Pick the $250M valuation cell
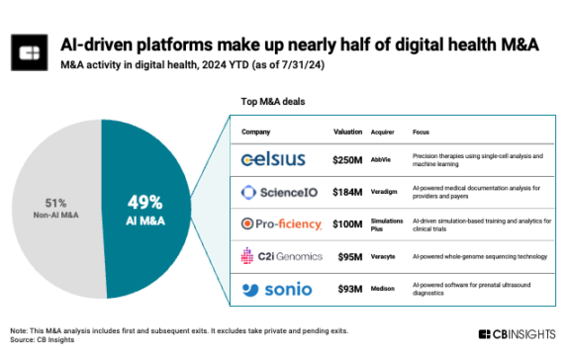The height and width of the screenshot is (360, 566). [347, 158]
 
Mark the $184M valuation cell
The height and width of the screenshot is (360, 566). [347, 191]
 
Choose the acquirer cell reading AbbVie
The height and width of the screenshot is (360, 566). [382, 158]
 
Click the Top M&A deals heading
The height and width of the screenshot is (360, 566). [272, 101]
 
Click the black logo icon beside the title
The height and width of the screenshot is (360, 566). [32, 51]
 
